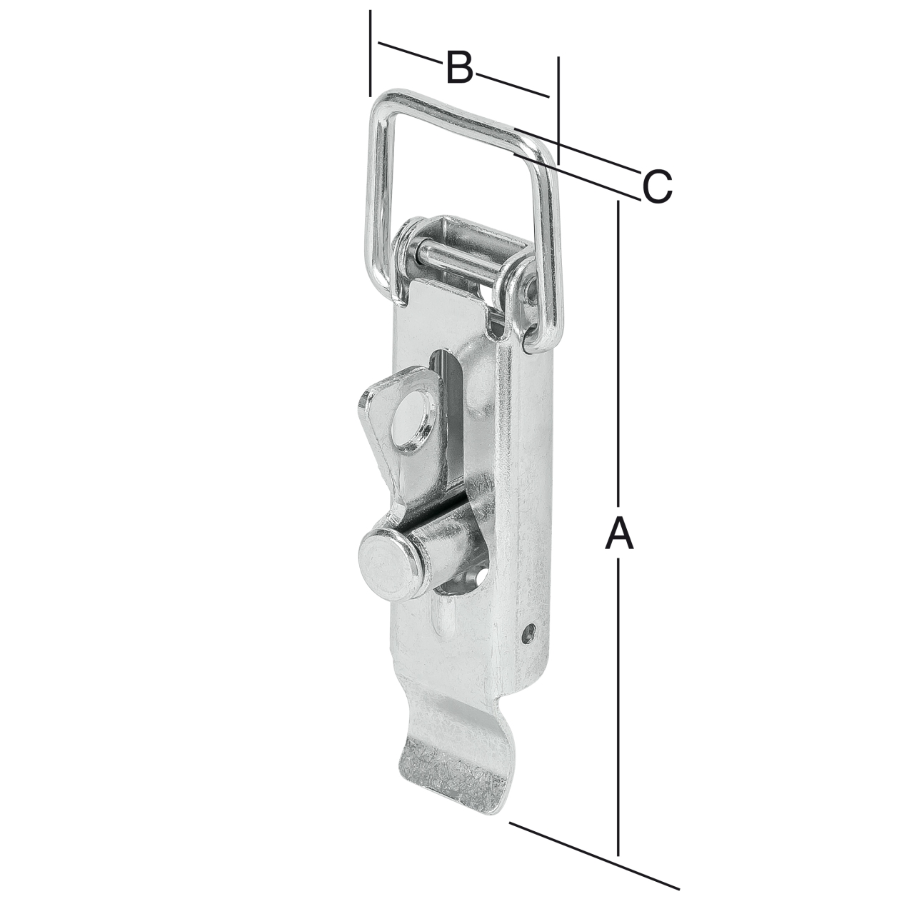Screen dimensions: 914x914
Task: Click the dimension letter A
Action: point(620,534)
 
